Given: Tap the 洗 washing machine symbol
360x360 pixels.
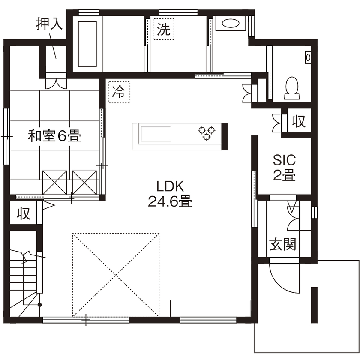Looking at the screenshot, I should [x=164, y=30].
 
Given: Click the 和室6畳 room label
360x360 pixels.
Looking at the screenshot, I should [x=54, y=137].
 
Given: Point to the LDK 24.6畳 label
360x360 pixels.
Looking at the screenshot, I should [x=170, y=194].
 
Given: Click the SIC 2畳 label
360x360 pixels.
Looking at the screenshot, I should [x=285, y=168].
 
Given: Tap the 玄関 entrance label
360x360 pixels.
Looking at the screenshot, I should [x=283, y=244].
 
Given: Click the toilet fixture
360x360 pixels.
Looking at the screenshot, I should [x=292, y=88].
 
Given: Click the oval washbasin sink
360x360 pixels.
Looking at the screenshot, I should [x=230, y=24].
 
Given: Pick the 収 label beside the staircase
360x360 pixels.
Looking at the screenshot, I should [x=24, y=213].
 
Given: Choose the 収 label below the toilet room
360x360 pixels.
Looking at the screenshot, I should [x=299, y=122].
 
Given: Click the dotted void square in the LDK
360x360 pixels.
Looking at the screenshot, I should [x=116, y=274].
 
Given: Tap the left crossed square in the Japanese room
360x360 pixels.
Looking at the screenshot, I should [x=55, y=182].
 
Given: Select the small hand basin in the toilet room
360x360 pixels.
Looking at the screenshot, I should [x=308, y=57].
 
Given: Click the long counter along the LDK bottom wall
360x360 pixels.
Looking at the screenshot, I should [x=210, y=308].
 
